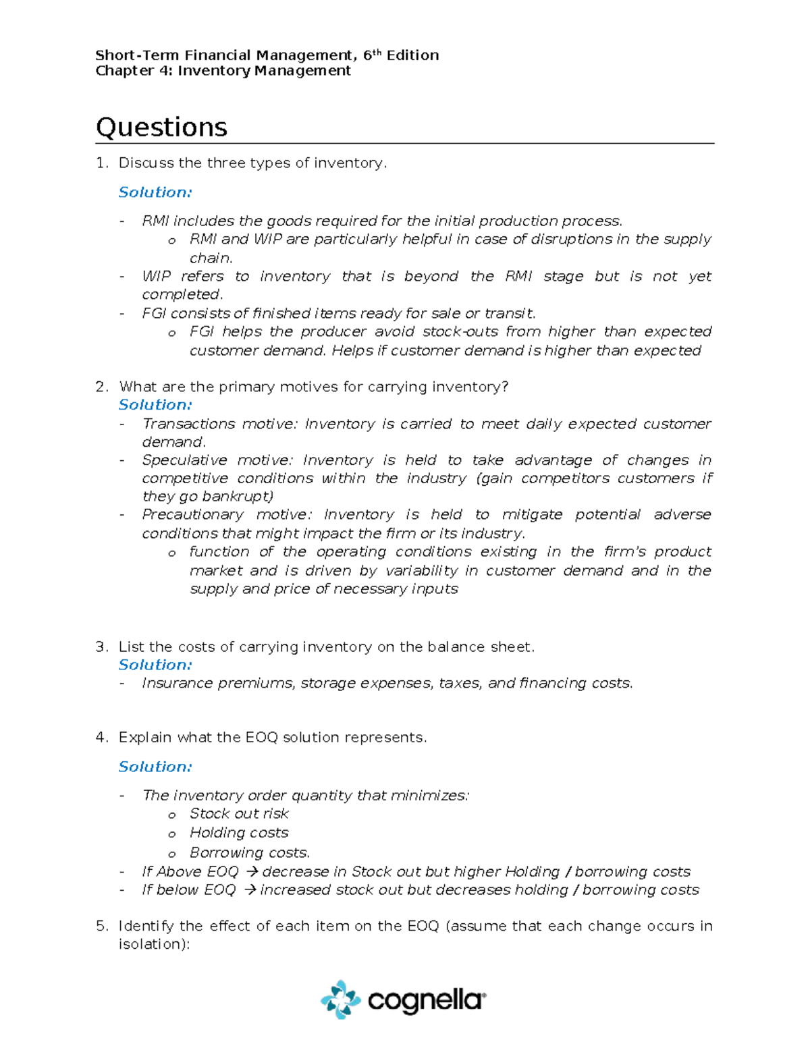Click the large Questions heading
click(x=161, y=128)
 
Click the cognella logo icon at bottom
click(x=341, y=999)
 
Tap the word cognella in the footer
click(x=426, y=1000)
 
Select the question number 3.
click(x=101, y=646)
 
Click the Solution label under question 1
click(x=155, y=192)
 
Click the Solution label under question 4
click(x=155, y=767)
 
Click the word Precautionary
click(x=192, y=514)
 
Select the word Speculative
click(x=184, y=460)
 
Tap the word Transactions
click(x=188, y=424)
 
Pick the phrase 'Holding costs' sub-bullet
click(x=239, y=833)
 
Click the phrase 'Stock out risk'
click(x=239, y=814)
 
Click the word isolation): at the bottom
click(x=155, y=944)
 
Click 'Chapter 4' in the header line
click(x=134, y=71)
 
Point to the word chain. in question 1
click(x=211, y=258)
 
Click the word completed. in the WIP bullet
click(x=182, y=294)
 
